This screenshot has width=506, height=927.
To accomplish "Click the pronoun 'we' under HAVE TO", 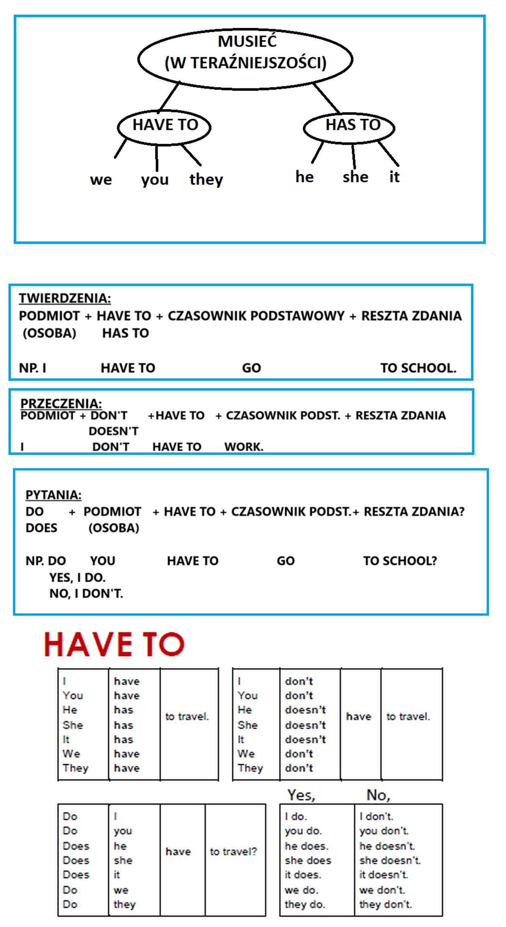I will [x=101, y=180].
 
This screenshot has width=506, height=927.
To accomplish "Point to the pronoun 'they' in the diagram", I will [x=206, y=180].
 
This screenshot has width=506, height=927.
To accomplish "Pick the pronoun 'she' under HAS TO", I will [x=355, y=177].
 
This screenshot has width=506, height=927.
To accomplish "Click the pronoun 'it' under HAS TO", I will [x=394, y=177].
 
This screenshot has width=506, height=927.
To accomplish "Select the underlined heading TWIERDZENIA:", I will [x=65, y=298].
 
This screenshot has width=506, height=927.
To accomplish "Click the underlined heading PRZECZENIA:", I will [x=61, y=403].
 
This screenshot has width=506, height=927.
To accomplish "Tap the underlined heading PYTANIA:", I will [x=53, y=495].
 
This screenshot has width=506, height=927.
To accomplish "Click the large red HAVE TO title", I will [x=114, y=644].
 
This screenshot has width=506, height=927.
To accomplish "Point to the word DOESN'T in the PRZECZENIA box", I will [x=113, y=431].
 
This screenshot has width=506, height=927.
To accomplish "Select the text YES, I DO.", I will [x=77, y=578].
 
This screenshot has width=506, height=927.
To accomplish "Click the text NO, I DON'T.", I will [x=86, y=594].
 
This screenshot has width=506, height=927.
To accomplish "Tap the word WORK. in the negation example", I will [x=244, y=447].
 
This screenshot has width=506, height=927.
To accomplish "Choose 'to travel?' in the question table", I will [x=234, y=851].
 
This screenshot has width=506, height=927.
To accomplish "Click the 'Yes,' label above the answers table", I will [x=301, y=795].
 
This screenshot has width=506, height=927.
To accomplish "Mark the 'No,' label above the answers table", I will [x=378, y=795].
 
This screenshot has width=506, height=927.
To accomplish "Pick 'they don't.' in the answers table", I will [x=385, y=904].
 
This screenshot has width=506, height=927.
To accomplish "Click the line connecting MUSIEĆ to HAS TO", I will [x=326, y=98].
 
